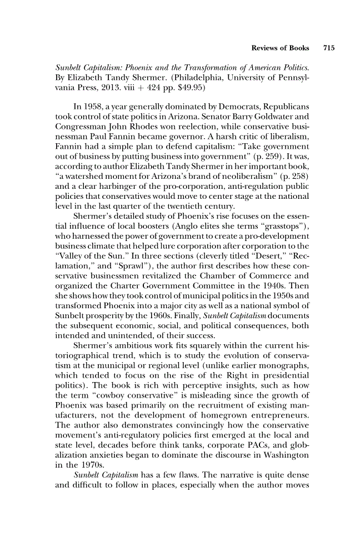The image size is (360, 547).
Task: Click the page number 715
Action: point(328,48)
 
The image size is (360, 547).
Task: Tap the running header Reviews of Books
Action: point(283,48)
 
